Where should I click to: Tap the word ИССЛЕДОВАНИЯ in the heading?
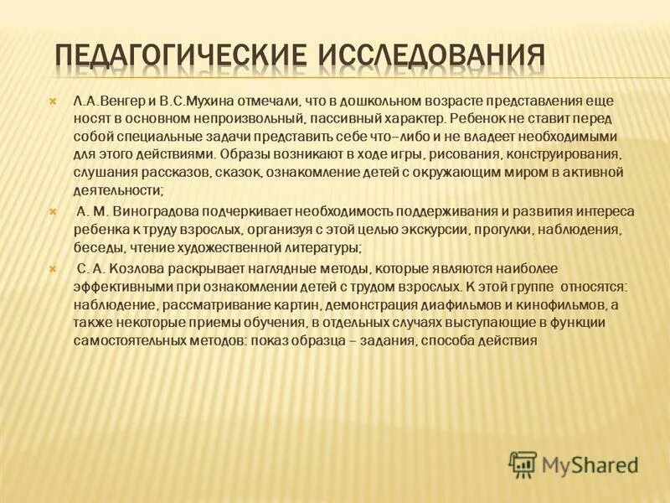pyautogui.click(x=432, y=56)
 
